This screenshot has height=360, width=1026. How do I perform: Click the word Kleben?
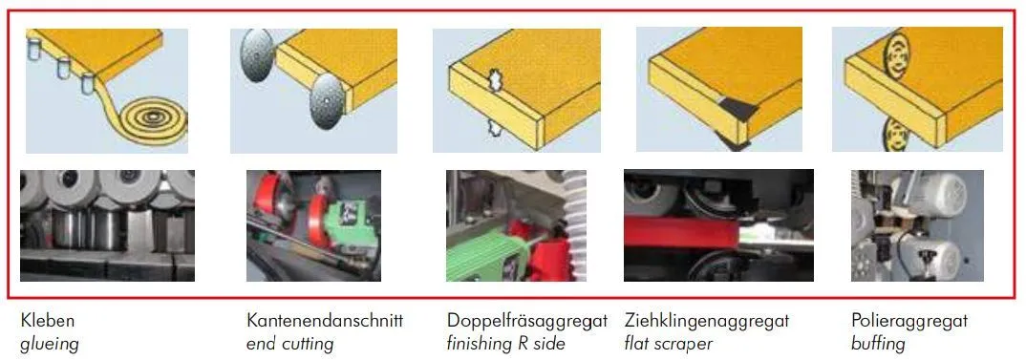[48, 321]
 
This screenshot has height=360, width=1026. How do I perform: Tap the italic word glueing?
[49, 344]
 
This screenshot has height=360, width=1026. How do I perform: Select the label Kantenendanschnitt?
[325, 321]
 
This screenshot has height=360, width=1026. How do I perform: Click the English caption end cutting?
[289, 343]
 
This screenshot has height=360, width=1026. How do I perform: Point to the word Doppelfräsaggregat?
[527, 322]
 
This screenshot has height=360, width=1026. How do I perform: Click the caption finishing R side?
[505, 343]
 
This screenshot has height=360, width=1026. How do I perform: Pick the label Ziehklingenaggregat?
[707, 322]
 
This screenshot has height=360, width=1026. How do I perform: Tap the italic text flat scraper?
[668, 343]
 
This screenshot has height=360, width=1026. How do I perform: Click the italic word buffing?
[878, 343]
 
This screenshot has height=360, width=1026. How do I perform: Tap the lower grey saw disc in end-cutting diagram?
[327, 101]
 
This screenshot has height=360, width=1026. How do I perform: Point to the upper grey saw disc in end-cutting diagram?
[257, 55]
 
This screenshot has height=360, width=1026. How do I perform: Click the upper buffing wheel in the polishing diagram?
[896, 56]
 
